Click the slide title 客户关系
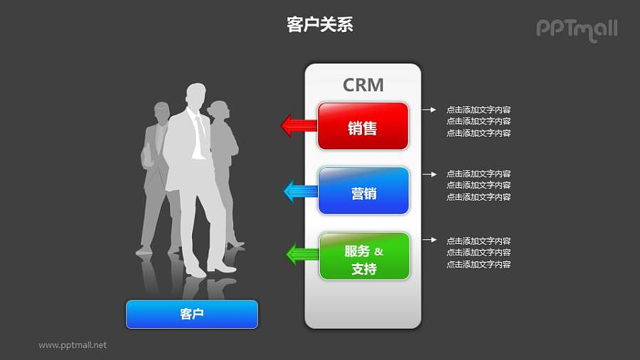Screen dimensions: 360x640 point(320,25)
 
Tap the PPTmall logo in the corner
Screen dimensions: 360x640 point(576,28)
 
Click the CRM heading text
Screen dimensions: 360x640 point(363,85)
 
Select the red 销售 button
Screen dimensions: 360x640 point(363,127)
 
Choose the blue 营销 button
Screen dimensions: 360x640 point(363,191)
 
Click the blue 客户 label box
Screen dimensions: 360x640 point(192,314)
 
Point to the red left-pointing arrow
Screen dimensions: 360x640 point(299,127)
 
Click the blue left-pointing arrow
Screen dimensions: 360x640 point(300,191)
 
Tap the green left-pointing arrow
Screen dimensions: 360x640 point(302,254)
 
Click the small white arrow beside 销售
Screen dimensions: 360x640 point(429,110)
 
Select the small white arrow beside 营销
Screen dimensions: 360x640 point(429,174)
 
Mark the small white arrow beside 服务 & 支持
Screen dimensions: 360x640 point(429,240)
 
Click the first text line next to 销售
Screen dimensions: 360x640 point(478,110)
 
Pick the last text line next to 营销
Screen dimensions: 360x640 point(478,197)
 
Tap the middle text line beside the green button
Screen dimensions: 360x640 point(478,253)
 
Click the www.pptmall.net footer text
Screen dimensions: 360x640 point(73,345)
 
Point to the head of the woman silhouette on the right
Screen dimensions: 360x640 point(220,111)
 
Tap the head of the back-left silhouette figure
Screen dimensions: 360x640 point(162,112)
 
